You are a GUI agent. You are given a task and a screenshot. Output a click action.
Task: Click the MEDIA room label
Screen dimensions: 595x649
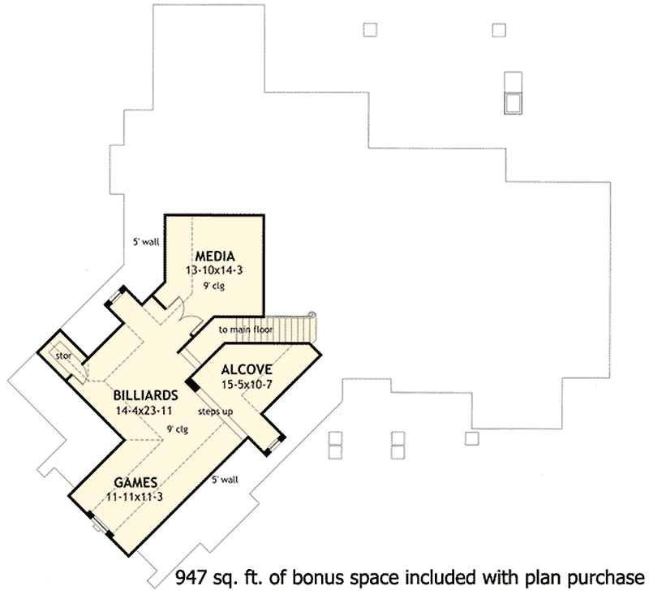(x=214, y=257)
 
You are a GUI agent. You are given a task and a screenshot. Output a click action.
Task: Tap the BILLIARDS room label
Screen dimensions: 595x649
(x=147, y=395)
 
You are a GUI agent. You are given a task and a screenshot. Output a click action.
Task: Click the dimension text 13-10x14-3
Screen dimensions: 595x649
(x=214, y=271)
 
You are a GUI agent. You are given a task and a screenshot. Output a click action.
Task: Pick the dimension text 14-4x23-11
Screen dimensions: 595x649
(x=147, y=410)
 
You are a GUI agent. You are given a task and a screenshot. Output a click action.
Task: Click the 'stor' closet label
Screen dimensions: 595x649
(x=64, y=356)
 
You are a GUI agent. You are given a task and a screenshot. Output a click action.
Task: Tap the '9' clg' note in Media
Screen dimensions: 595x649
(x=214, y=286)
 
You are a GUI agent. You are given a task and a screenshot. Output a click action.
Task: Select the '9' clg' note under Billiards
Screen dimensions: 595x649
(x=177, y=429)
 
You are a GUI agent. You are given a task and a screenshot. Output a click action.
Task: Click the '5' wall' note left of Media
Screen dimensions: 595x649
(x=147, y=240)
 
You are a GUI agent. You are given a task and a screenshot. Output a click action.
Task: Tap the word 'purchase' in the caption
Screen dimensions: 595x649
(x=604, y=579)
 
